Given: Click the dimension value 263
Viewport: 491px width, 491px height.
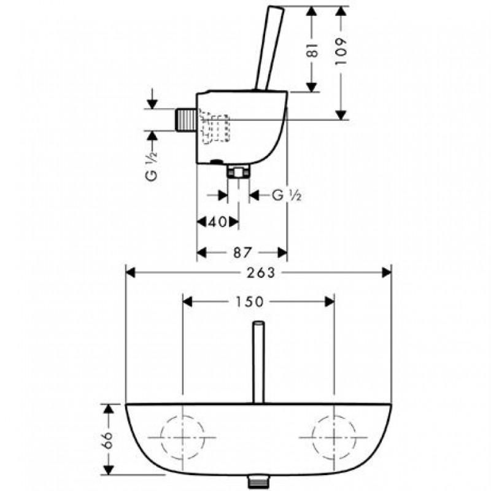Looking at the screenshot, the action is (261, 273).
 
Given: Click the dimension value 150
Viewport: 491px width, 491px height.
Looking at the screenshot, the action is (250, 302).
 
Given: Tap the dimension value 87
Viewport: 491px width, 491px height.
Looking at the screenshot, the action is (242, 253).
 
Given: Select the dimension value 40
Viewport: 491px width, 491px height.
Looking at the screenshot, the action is (217, 222).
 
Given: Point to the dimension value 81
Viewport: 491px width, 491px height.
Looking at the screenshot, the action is (312, 50).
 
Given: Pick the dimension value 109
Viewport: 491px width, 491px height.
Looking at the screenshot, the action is (341, 52).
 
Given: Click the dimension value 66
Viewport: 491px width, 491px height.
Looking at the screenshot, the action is (108, 440).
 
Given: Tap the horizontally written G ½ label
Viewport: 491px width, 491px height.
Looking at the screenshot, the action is (287, 195).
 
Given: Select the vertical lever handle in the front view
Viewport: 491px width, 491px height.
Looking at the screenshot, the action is (258, 362).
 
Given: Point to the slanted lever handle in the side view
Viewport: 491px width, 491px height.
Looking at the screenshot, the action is (270, 48).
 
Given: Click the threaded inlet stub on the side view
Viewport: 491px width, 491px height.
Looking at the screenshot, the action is (186, 120).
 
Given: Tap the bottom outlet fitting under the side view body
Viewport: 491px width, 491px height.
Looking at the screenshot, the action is (239, 172).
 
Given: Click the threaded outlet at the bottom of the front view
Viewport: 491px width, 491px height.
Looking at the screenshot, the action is (259, 482).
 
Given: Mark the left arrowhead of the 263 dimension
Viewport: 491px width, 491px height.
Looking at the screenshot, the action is (130, 273).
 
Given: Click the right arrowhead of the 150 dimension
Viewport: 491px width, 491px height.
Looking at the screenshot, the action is (330, 302).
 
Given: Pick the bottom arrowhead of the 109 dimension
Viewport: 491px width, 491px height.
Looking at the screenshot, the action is (341, 115).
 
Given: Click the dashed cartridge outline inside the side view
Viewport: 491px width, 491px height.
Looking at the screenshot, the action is (214, 126).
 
